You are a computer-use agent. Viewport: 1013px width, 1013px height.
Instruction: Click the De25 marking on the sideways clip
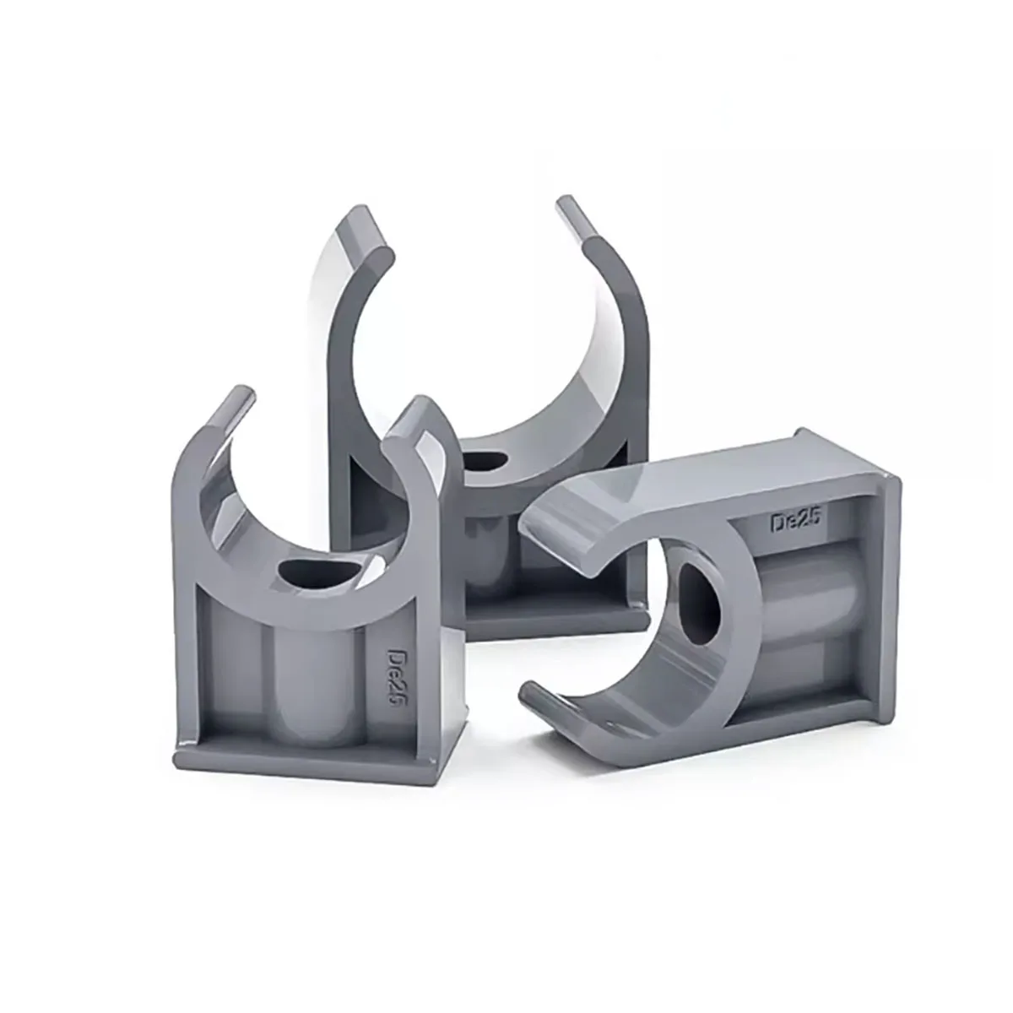pyautogui.click(x=794, y=522)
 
